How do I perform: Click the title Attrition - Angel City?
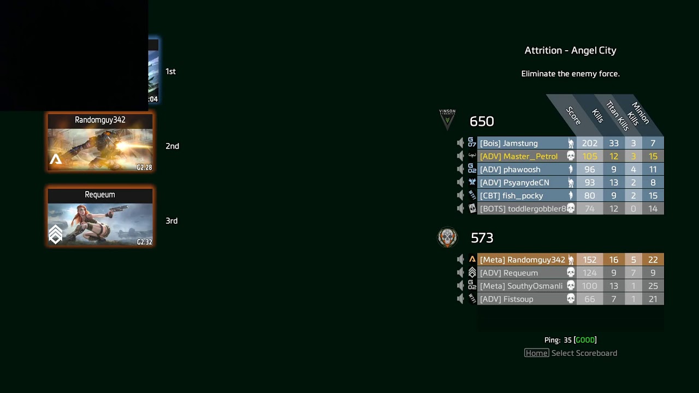tap(570, 50)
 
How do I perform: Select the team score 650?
tap(482, 121)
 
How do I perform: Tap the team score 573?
tap(482, 238)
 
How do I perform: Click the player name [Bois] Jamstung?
tap(508, 143)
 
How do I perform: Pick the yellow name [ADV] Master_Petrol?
tap(518, 156)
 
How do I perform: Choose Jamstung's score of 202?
tap(589, 143)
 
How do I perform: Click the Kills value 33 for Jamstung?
tap(614, 143)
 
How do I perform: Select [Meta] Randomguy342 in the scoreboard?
tap(522, 260)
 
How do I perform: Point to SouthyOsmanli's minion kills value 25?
tap(653, 286)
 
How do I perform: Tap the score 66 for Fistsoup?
tap(589, 299)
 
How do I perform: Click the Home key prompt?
tap(536, 353)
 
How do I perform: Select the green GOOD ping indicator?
tap(585, 340)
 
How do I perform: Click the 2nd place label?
tap(172, 146)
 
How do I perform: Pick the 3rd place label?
tap(171, 221)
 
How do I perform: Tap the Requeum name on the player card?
tap(100, 194)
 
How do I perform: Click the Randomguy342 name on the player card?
tap(100, 120)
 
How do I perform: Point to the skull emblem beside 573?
tap(447, 237)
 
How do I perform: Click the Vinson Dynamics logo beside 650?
tap(447, 120)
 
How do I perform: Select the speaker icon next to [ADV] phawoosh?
tap(460, 169)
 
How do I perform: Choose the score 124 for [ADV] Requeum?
tap(589, 273)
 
